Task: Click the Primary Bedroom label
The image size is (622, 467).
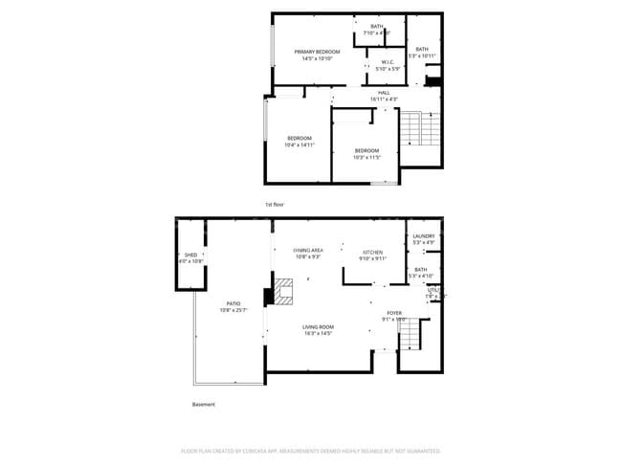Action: pyautogui.click(x=317, y=56)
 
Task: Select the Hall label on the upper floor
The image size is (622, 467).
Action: pyautogui.click(x=383, y=95)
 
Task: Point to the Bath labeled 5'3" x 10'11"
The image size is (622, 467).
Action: pyautogui.click(x=422, y=53)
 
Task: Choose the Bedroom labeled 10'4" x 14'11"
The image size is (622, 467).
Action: pyautogui.click(x=299, y=143)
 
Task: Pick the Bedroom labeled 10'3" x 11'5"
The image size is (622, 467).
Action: pyautogui.click(x=367, y=153)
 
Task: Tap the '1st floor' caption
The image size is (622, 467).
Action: pyautogui.click(x=275, y=205)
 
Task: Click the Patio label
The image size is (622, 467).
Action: pyautogui.click(x=233, y=305)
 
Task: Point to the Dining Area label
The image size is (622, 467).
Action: pyautogui.click(x=307, y=254)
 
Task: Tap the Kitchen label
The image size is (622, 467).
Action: pyautogui.click(x=372, y=255)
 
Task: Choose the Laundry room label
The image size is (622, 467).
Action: pyautogui.click(x=423, y=239)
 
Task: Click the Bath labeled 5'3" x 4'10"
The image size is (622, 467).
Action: pyautogui.click(x=421, y=273)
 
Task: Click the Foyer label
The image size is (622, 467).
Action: pyautogui.click(x=393, y=316)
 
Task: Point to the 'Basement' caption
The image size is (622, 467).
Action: pyautogui.click(x=204, y=405)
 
